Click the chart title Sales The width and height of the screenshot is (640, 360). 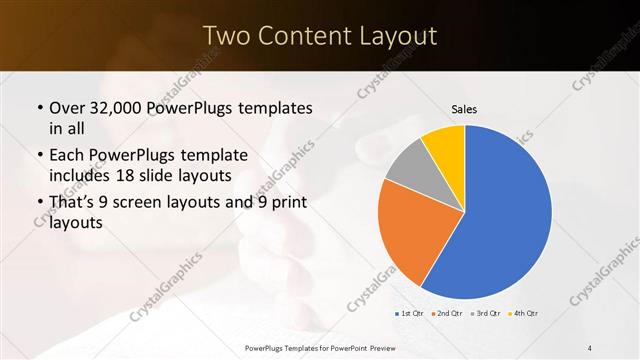pos(464,109)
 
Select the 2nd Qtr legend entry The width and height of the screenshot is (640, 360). pos(445,314)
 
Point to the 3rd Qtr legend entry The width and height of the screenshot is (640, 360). pos(485,314)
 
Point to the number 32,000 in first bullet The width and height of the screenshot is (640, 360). pos(120,108)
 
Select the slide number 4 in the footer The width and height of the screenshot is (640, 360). pos(590,346)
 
